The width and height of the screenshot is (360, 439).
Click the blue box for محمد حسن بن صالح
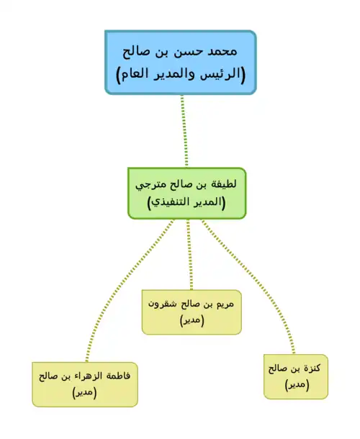click(181, 63)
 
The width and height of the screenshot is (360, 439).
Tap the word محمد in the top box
click(222, 52)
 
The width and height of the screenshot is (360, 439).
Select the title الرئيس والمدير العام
click(181, 74)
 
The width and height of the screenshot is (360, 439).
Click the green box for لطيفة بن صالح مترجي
click(187, 193)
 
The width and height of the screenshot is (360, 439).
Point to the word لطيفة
click(224, 184)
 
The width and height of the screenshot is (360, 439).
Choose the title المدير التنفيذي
click(186, 202)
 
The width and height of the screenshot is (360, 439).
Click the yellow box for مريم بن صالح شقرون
click(192, 312)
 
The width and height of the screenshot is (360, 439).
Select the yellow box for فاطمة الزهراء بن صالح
click(85, 384)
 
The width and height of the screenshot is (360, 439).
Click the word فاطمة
click(118, 376)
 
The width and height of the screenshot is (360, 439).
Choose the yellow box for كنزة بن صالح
click(296, 376)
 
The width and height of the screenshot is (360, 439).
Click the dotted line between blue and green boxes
click(184, 131)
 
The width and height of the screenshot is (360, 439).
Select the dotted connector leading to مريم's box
click(189, 254)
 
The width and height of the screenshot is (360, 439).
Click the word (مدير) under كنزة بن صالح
click(297, 385)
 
